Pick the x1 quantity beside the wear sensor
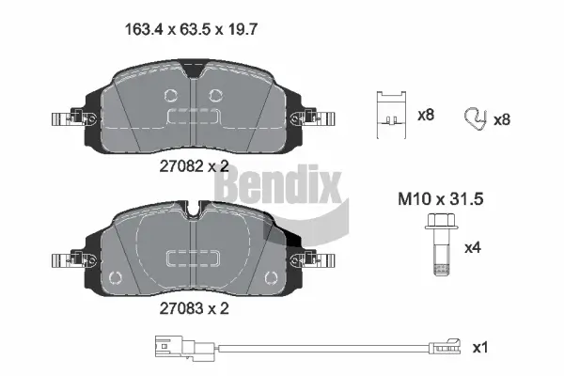479,347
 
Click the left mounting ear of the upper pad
66,118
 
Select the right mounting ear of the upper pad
314,118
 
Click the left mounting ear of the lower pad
66,259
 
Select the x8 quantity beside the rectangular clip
425,115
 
